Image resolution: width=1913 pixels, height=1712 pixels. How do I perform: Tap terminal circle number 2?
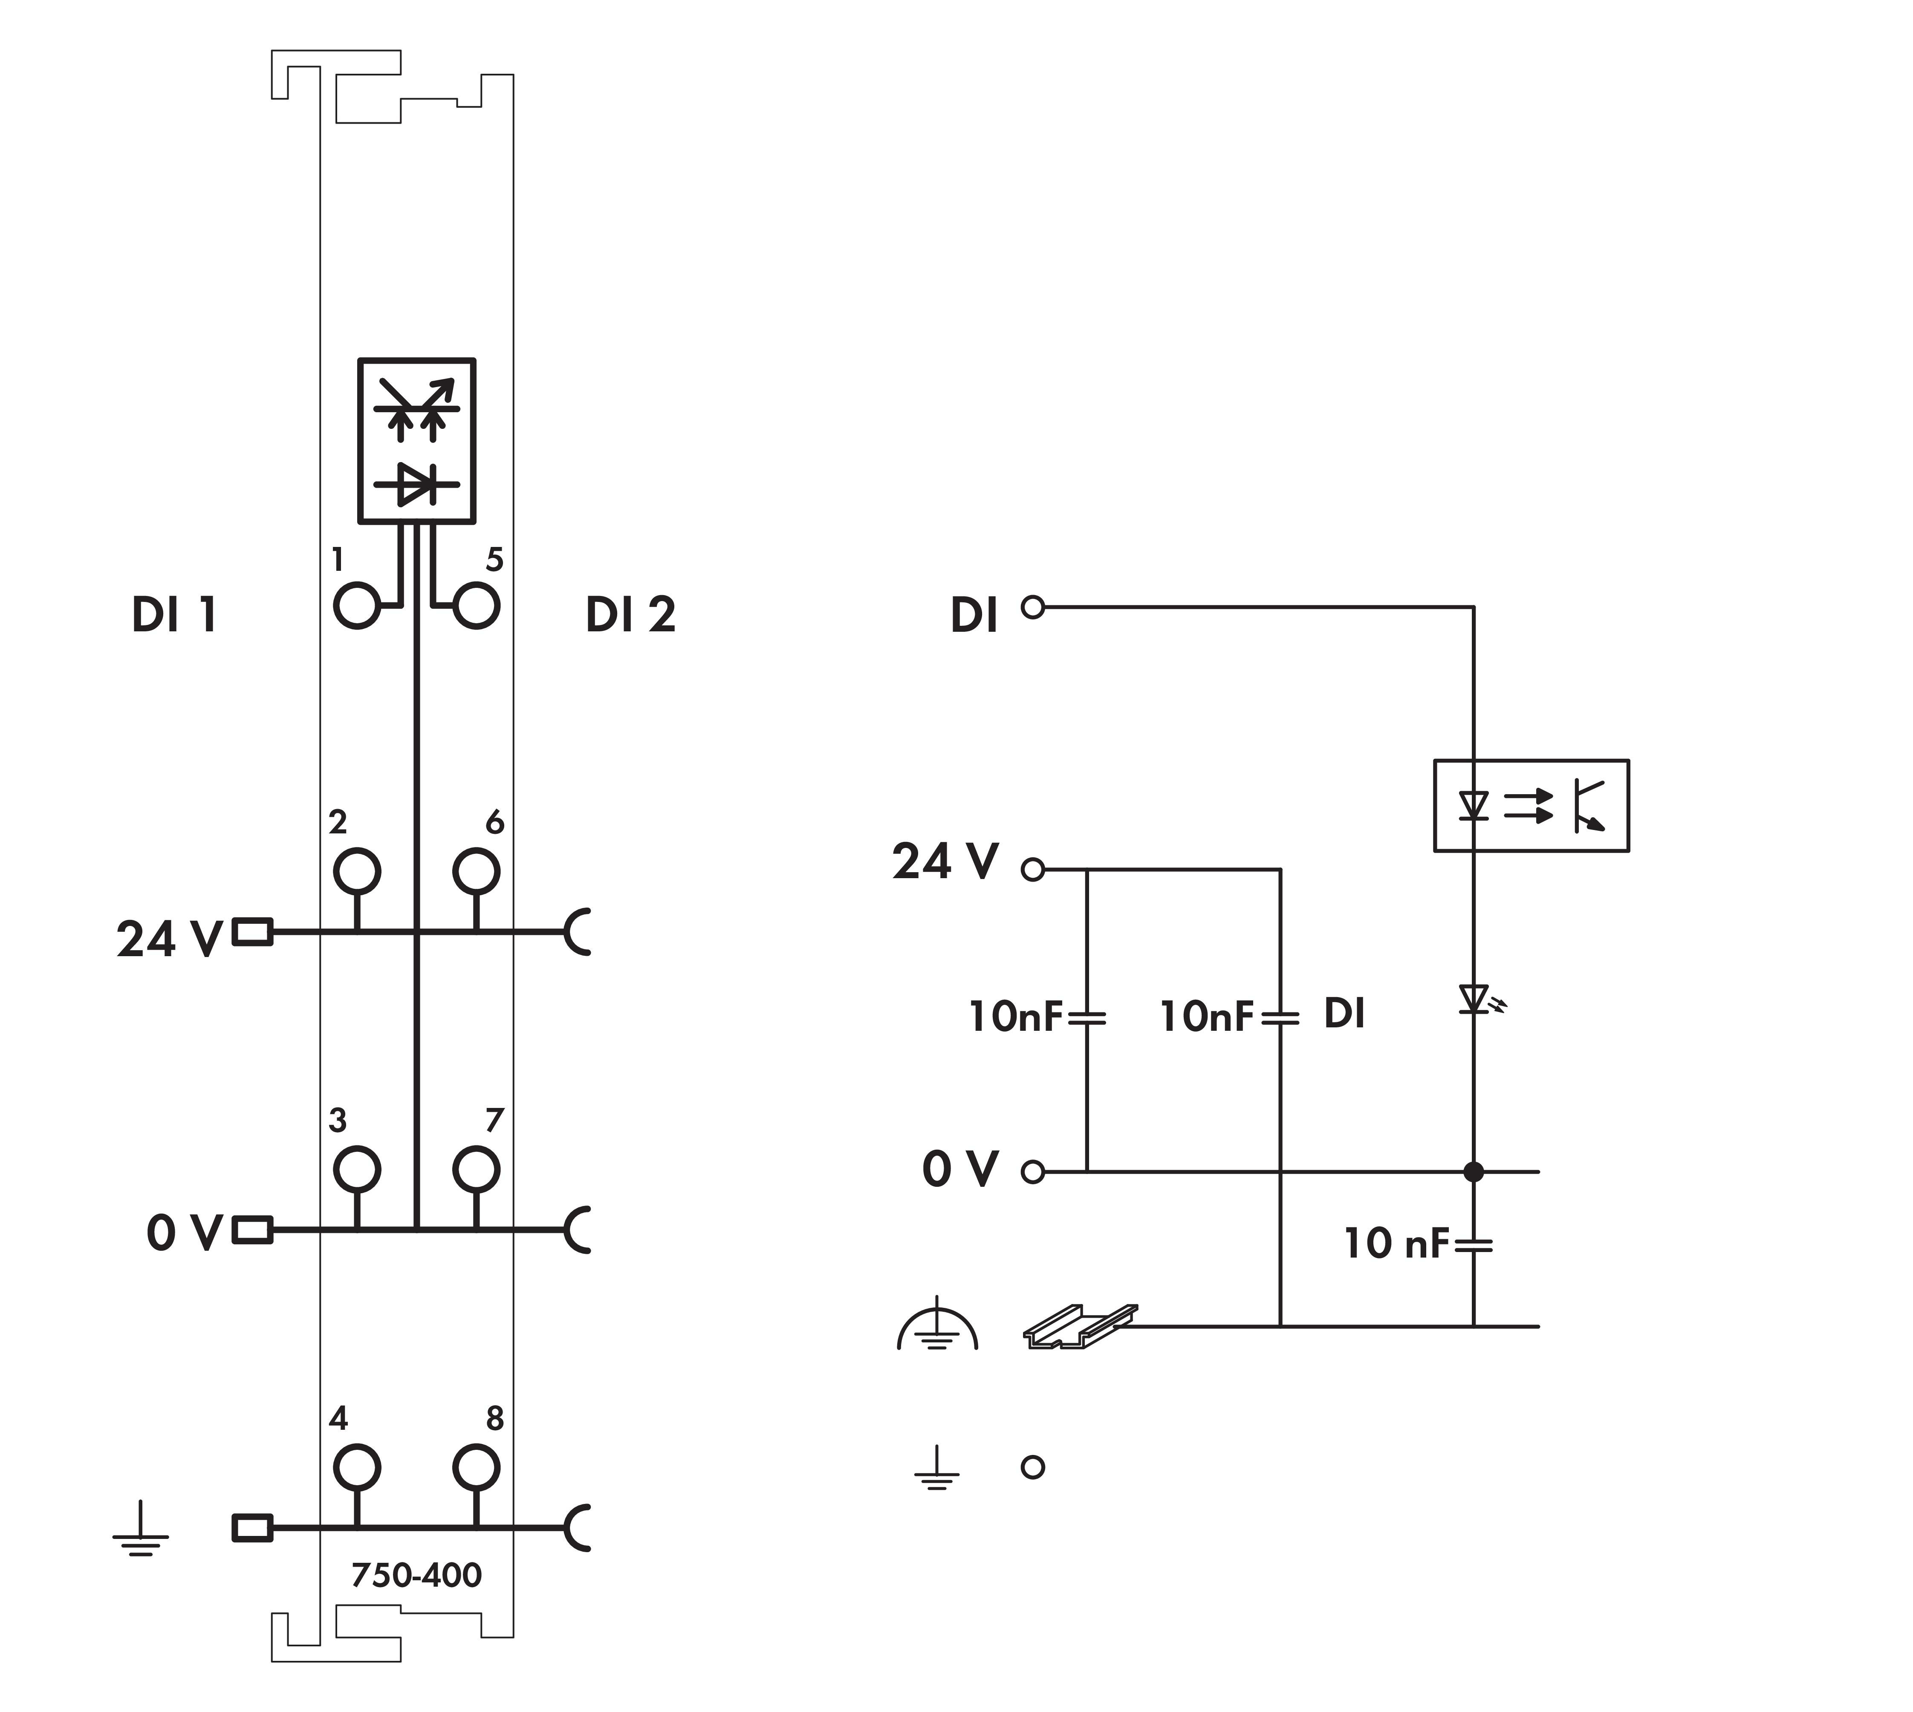(x=356, y=871)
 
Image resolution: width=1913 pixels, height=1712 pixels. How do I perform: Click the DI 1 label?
(x=175, y=615)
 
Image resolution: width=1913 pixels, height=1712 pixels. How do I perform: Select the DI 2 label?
(x=630, y=615)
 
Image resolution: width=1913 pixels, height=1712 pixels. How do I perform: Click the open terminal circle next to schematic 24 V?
(x=1033, y=870)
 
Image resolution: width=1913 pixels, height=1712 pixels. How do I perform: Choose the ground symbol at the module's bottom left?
(x=141, y=1530)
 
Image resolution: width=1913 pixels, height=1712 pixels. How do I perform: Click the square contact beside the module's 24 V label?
(x=252, y=932)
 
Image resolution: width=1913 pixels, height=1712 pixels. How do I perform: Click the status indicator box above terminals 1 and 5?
(x=416, y=440)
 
